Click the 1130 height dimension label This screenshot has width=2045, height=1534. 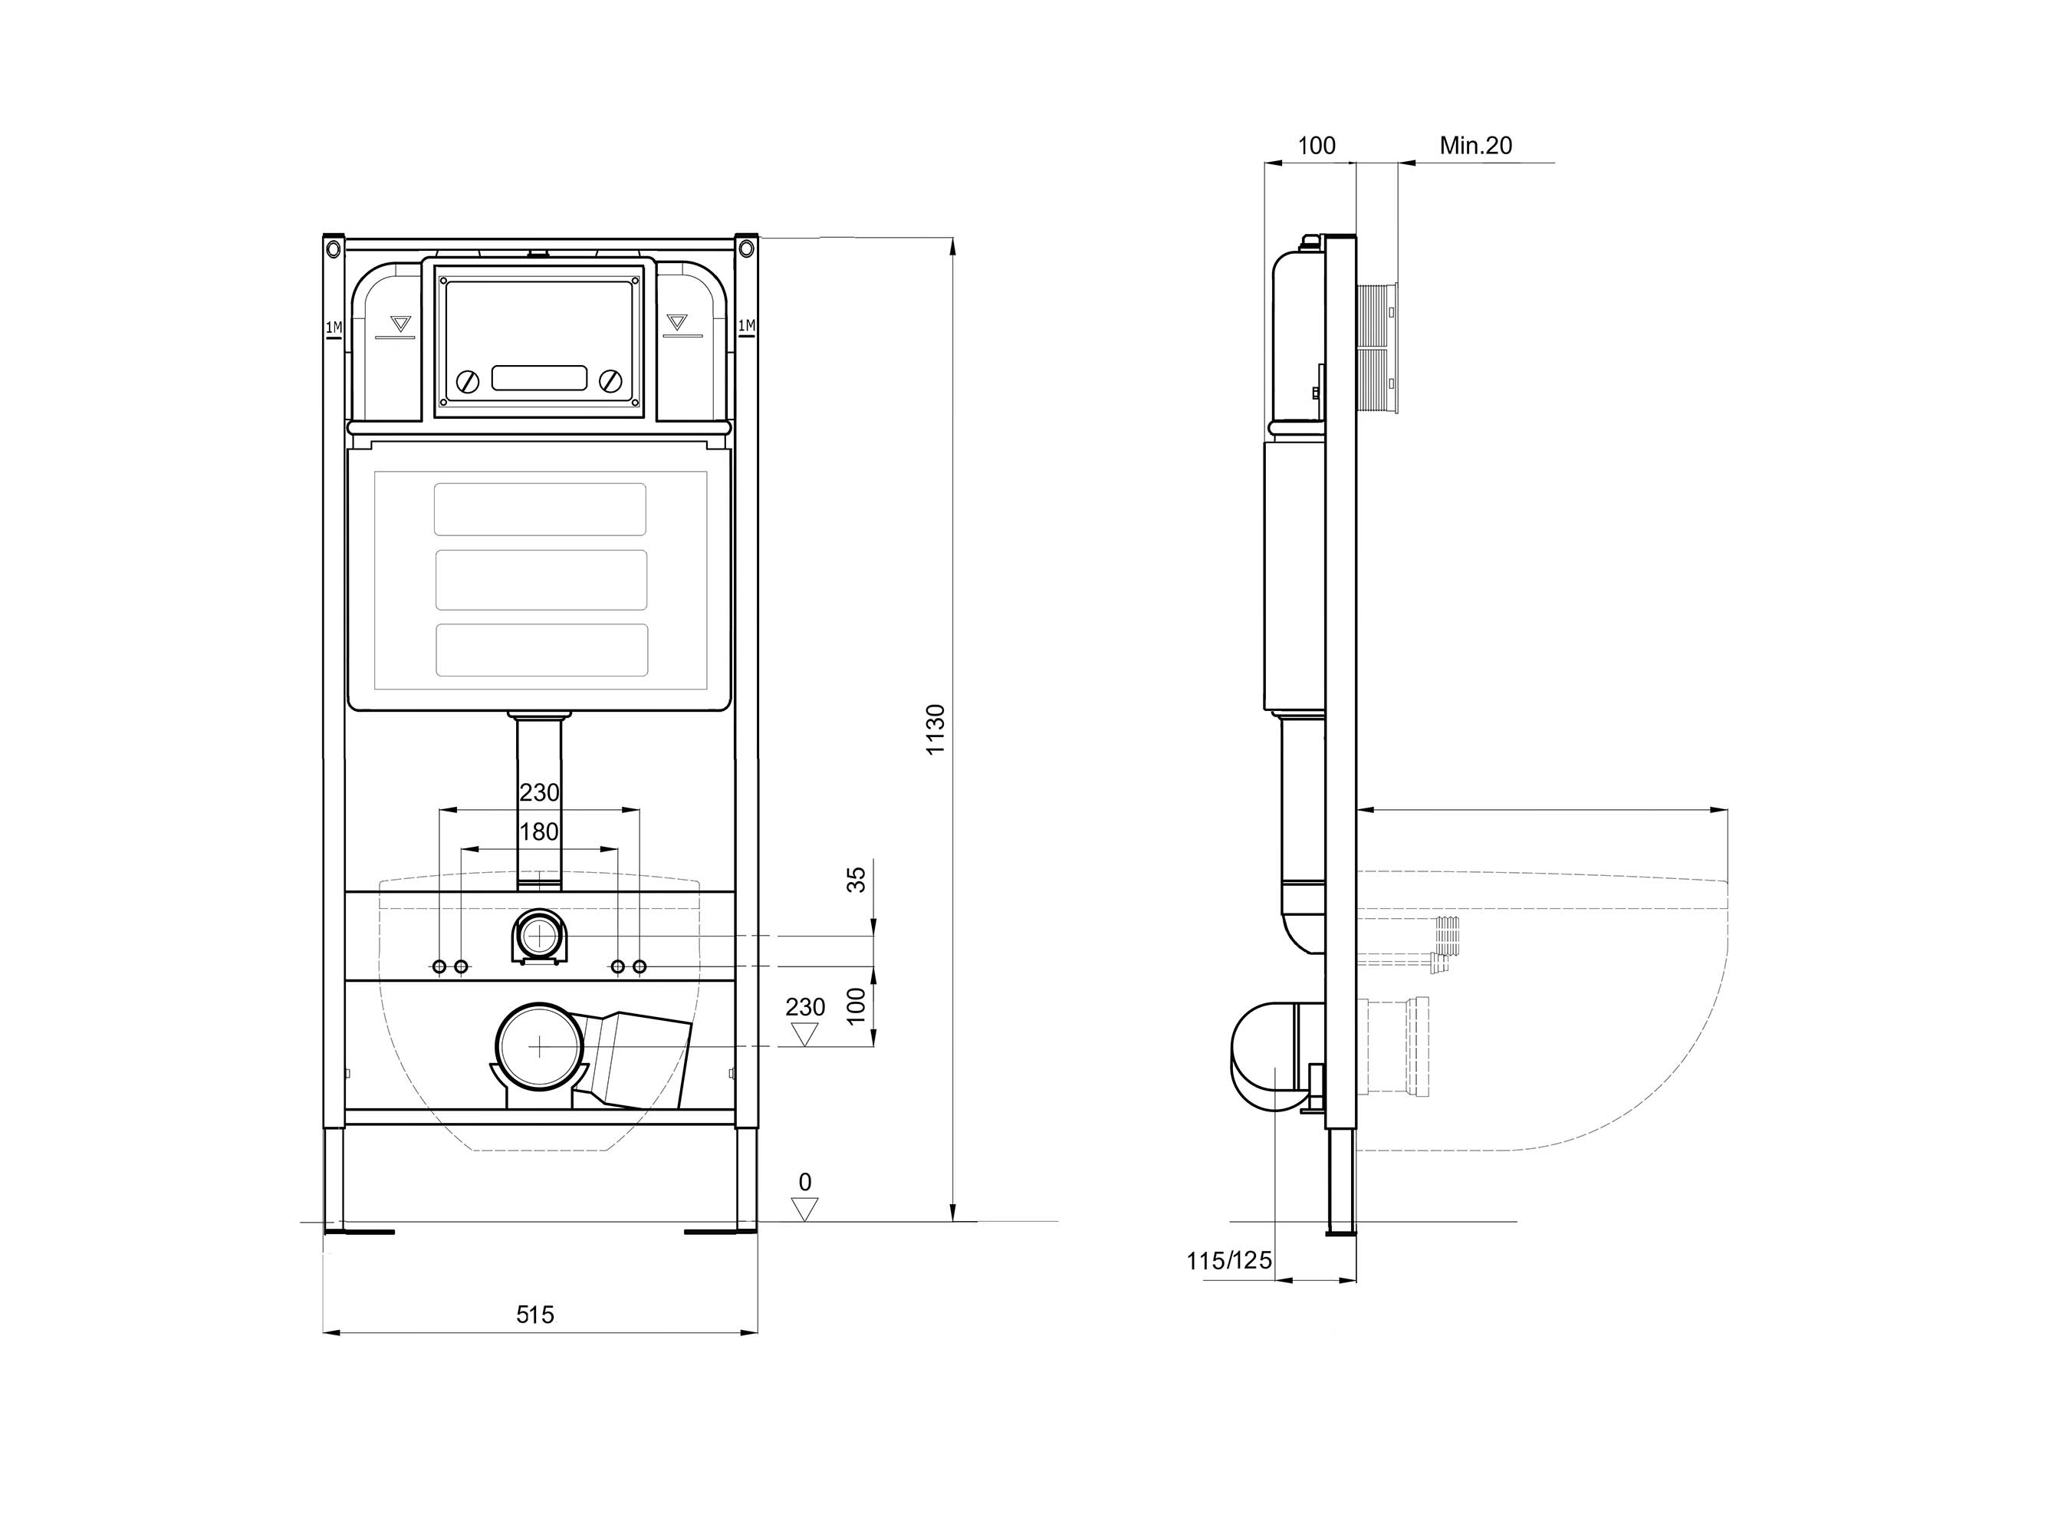click(x=935, y=729)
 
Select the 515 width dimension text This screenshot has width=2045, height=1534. click(x=534, y=1314)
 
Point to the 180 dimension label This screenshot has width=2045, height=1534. click(x=539, y=831)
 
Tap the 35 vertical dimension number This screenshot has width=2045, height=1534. click(x=857, y=878)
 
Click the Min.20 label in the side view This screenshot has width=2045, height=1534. click(x=1475, y=145)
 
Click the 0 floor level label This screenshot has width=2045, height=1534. click(x=805, y=1182)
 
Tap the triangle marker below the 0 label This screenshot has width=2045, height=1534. click(x=805, y=1206)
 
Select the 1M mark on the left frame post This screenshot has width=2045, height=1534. click(x=334, y=327)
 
